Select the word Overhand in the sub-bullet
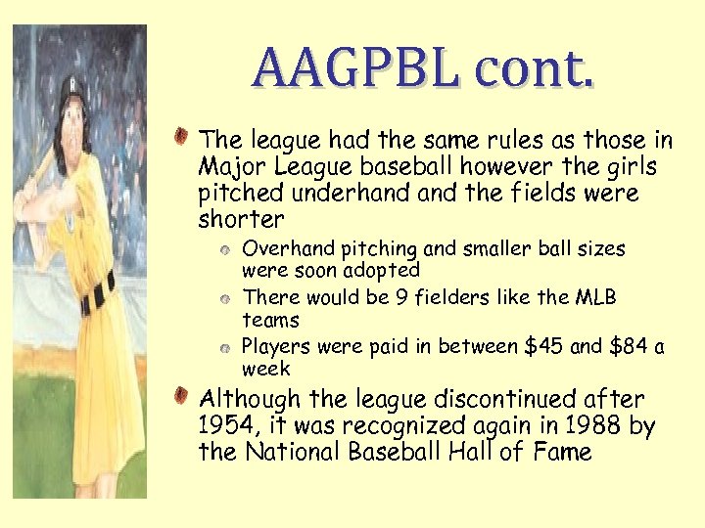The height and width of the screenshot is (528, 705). pyautogui.click(x=283, y=248)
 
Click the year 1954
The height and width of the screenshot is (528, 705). pyautogui.click(x=224, y=426)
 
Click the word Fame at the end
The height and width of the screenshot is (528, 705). pyautogui.click(x=563, y=452)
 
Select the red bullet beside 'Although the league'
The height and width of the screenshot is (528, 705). pyautogui.click(x=183, y=395)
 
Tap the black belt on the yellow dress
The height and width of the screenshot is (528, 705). pyautogui.click(x=98, y=292)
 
